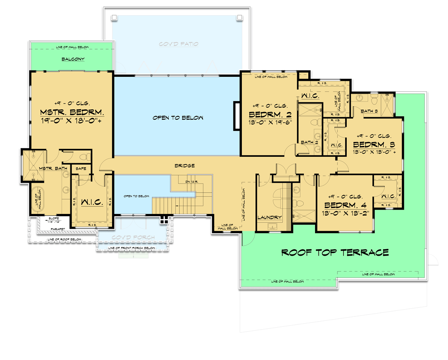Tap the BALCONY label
pos(73,59)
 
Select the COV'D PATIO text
pos(179,44)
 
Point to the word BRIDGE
pos(185,165)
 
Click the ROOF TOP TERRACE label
pos(335,252)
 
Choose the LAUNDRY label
pos(269,217)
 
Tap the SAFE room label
pos(81,169)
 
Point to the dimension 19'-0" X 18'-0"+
pos(70,120)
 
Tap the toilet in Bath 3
pos(374,98)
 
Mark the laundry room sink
pos(273,227)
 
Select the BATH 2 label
pos(307,142)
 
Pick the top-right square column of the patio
pos(239,17)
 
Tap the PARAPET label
pos(52,229)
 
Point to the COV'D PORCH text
pos(133,238)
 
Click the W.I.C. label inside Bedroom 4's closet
pos(388,196)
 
